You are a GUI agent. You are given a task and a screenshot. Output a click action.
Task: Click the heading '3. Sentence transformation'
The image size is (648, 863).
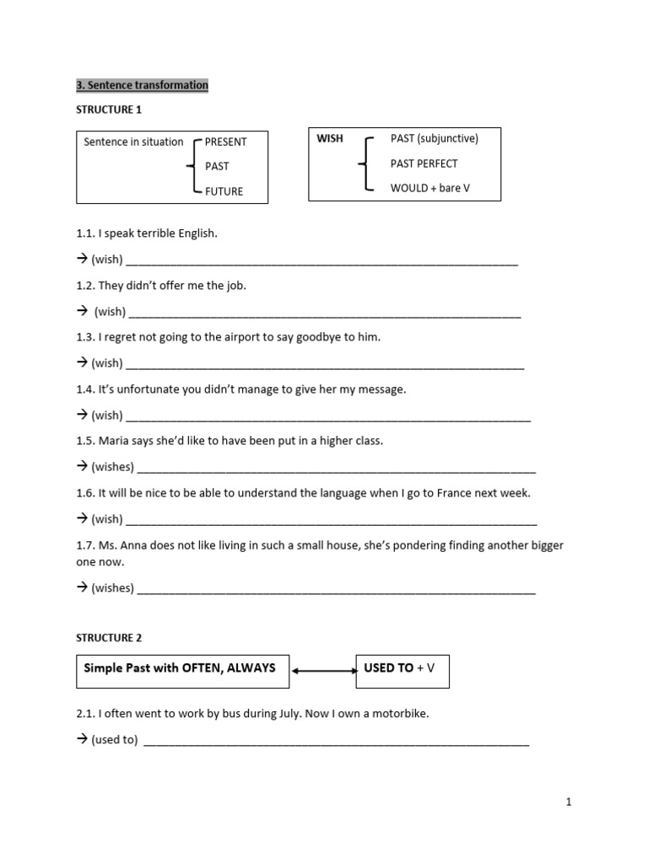[142, 85]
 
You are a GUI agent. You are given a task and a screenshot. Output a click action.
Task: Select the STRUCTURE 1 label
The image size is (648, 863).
[105, 110]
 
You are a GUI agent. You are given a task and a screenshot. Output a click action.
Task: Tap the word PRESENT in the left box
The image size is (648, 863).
[225, 142]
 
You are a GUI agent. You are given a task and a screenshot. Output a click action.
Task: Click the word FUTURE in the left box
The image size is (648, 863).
[224, 191]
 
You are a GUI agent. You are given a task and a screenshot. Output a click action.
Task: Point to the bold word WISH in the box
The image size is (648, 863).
[330, 138]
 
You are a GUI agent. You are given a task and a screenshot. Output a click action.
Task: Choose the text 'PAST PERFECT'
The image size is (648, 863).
[424, 163]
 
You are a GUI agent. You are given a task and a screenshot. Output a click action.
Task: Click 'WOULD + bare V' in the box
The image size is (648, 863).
[430, 188]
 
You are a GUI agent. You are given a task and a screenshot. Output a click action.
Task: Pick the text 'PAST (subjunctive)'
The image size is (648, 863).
[435, 138]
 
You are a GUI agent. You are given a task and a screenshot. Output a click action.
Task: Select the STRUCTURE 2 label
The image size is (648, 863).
[105, 638]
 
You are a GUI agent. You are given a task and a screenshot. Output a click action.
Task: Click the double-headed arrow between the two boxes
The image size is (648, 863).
[323, 672]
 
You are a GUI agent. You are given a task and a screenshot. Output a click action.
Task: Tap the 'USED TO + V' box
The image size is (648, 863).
[402, 671]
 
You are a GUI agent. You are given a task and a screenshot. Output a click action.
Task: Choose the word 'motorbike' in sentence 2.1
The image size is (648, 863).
[401, 714]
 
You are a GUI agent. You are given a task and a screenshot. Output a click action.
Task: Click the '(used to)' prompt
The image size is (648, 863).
[114, 740]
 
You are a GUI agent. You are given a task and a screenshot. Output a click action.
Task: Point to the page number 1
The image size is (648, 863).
[569, 802]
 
